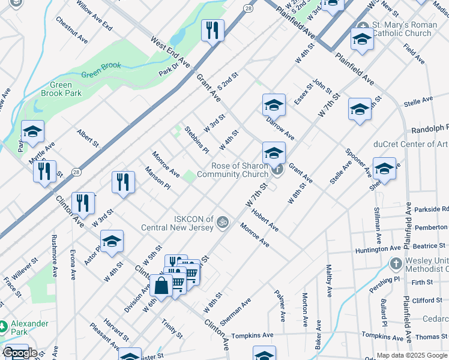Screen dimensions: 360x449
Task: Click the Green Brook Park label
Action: [61, 89]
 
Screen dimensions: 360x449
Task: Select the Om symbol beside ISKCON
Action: [222, 222]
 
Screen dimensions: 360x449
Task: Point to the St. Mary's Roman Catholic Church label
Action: [402, 29]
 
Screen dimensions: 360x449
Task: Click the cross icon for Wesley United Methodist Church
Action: [396, 263]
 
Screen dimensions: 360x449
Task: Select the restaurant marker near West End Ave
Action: [212, 31]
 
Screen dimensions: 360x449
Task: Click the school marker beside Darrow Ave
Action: [274, 105]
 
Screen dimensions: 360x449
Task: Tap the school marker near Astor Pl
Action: [112, 241]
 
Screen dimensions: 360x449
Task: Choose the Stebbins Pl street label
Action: [196, 139]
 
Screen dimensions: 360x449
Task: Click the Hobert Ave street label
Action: [265, 220]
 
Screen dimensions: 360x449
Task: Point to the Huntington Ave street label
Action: [378, 247]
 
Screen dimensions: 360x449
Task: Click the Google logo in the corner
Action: [20, 353]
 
